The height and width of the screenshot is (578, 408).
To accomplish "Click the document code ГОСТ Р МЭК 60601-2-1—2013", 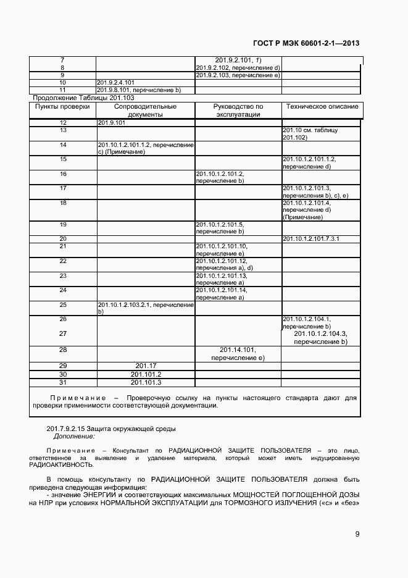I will click(x=306, y=43).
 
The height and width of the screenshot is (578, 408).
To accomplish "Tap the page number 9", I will click(x=357, y=534).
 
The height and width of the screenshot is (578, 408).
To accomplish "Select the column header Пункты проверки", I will click(x=62, y=107).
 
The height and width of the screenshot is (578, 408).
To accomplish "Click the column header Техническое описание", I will click(x=322, y=107).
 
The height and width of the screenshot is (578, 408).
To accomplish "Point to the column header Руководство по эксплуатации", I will click(x=238, y=111).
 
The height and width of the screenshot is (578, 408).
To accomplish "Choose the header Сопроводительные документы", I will click(x=146, y=111).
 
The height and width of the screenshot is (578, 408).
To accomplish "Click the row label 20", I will click(x=63, y=238).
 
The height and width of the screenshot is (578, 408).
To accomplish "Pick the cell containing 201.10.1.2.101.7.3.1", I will click(x=311, y=238).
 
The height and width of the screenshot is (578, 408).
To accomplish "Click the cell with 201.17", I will click(x=146, y=366).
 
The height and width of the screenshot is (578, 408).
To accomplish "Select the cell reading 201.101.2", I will click(x=146, y=374).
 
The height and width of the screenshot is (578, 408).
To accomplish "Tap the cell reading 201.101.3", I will click(x=146, y=382).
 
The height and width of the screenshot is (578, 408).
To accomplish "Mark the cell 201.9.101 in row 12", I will click(x=111, y=123).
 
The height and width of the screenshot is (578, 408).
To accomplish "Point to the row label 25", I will click(x=63, y=304).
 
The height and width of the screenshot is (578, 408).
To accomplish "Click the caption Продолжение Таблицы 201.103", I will click(x=83, y=98).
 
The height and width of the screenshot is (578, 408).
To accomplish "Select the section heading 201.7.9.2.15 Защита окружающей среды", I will click(x=111, y=428).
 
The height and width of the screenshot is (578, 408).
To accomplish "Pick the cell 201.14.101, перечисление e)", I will click(x=238, y=353).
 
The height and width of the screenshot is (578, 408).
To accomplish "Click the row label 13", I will click(x=63, y=130).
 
